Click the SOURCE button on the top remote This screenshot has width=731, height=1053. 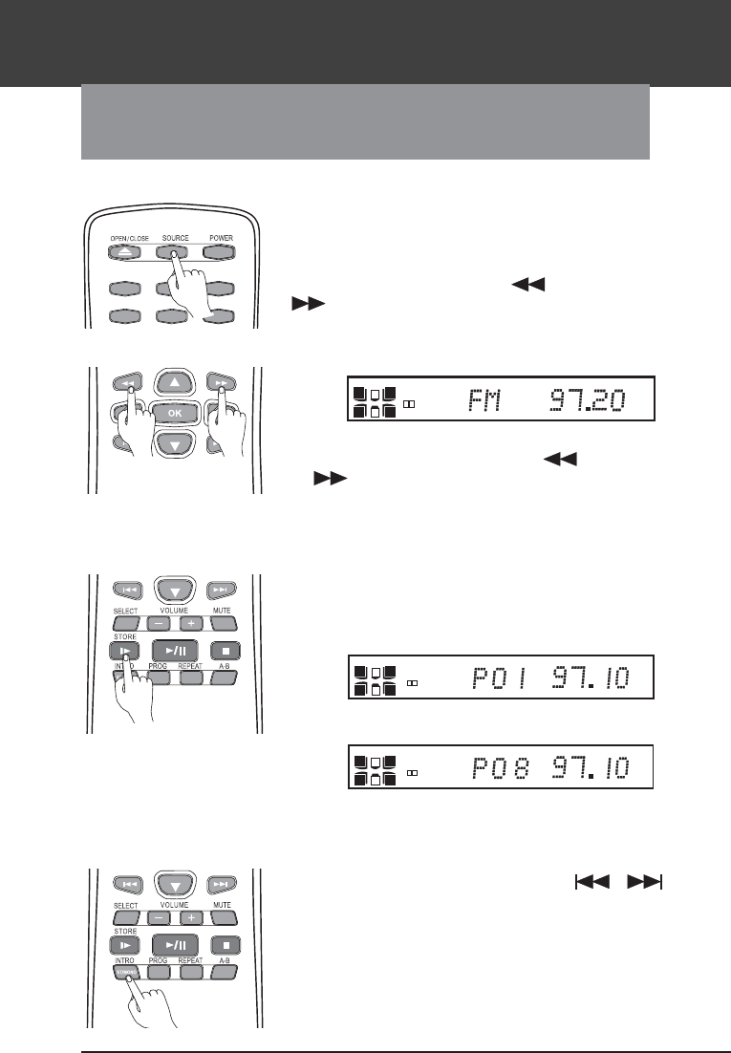[174, 254]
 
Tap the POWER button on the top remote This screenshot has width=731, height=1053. [221, 254]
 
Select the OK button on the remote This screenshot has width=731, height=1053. [174, 414]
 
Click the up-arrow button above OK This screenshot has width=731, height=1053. [174, 382]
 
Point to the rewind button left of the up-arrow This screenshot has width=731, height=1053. [126, 381]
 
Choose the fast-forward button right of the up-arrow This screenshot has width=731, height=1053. [222, 381]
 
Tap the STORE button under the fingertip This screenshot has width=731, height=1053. [126, 651]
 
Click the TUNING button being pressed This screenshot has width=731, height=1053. [127, 972]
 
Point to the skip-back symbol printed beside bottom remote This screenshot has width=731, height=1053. [593, 885]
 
